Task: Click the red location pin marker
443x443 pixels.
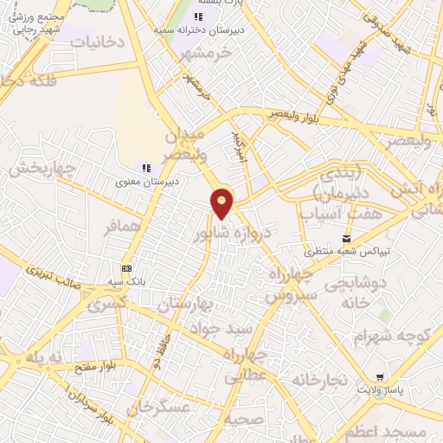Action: click(x=222, y=202)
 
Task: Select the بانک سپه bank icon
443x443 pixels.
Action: click(x=126, y=269)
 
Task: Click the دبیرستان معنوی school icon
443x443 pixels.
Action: click(x=146, y=167)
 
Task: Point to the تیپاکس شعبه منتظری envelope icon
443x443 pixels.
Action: click(x=347, y=238)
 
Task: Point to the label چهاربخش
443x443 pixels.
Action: click(x=38, y=169)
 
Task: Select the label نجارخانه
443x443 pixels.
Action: click(x=319, y=380)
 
